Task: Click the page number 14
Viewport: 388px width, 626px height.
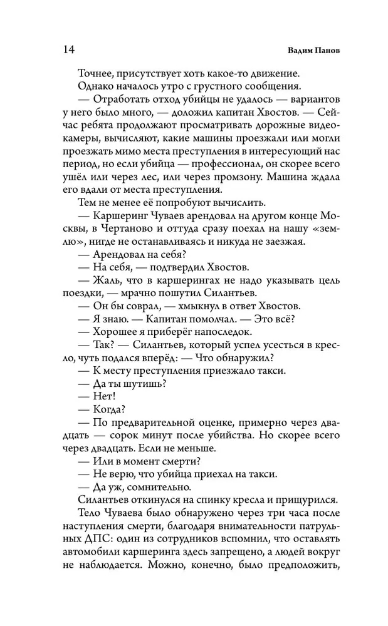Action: coord(70,49)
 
